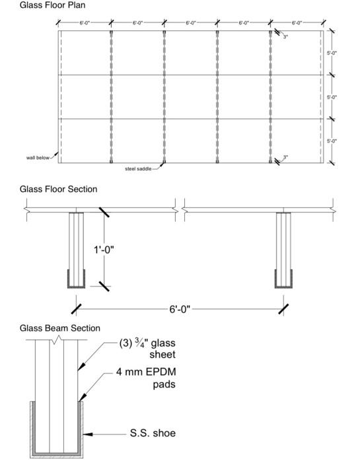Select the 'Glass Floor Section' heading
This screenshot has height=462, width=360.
point(58,189)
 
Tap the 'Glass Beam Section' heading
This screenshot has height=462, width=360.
point(60,328)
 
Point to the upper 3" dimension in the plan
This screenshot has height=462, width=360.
point(285,37)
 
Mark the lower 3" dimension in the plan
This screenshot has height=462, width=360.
point(285,157)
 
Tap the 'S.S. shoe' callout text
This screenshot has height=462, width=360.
point(152,434)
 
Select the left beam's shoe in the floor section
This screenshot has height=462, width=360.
point(77,280)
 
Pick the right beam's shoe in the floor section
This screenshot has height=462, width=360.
point(284,280)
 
